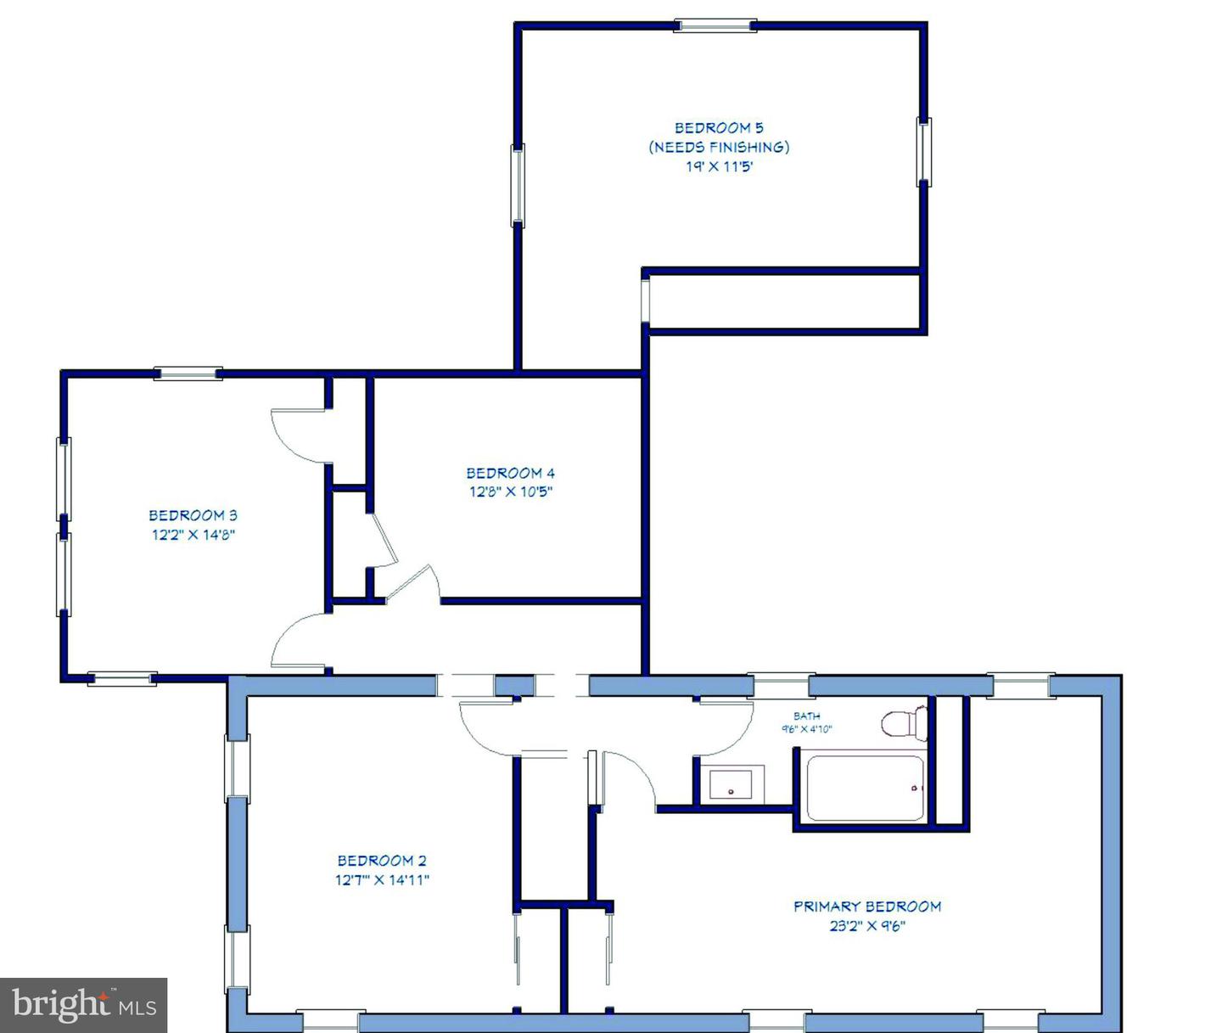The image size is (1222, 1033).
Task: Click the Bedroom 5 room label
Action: [719, 127]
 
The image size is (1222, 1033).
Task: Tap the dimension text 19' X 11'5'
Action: [719, 166]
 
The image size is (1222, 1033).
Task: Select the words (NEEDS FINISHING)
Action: [719, 147]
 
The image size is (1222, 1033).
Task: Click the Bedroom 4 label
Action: [510, 473]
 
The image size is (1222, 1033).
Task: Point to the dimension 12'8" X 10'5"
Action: [511, 492]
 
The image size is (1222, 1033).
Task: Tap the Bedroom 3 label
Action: [193, 515]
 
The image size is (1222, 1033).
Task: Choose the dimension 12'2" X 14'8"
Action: [193, 535]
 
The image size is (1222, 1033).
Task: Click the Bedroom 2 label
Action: [381, 861]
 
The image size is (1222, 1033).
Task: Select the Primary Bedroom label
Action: [866, 907]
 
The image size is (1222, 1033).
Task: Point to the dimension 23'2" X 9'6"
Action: [867, 926]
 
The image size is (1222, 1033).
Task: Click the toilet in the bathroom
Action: [904, 722]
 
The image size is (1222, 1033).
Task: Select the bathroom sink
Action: [731, 784]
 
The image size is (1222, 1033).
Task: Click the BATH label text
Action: [806, 716]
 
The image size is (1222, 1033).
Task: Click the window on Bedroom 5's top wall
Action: [715, 25]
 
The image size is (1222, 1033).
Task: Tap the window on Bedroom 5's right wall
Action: [924, 152]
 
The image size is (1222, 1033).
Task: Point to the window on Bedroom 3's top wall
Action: [188, 373]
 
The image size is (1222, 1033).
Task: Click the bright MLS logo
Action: [83, 1005]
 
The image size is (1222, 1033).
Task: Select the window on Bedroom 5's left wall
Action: [518, 185]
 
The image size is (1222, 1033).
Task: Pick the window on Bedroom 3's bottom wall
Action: [122, 678]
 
